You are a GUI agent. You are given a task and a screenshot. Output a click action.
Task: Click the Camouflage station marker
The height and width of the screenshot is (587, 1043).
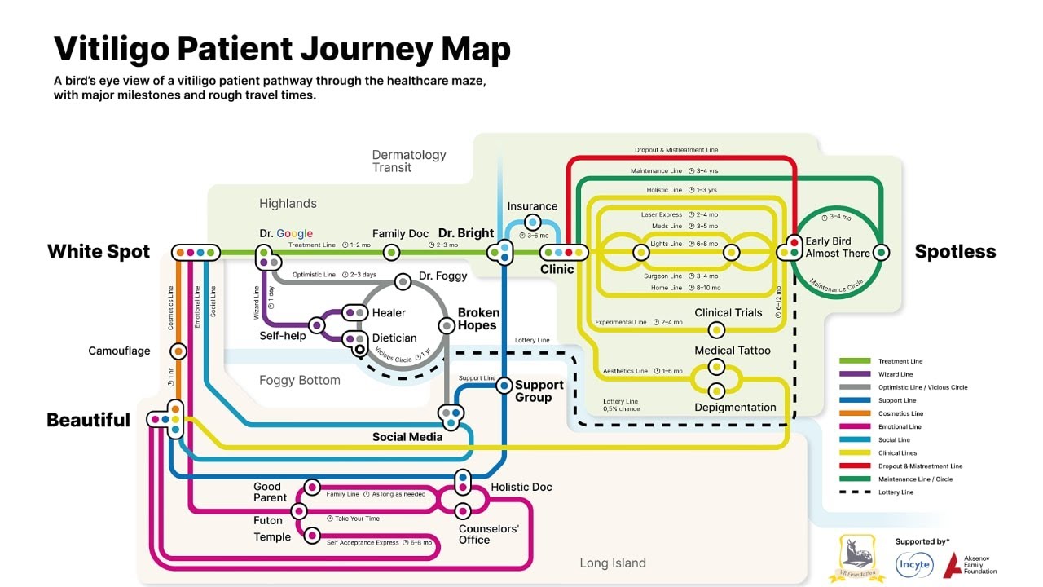tap(178, 351)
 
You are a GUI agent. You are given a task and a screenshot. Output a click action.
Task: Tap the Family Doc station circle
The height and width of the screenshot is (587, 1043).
tap(391, 253)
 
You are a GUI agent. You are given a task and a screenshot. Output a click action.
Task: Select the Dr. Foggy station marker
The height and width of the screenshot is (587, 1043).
tap(402, 281)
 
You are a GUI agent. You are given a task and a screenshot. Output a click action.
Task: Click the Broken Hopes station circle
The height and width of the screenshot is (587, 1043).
tap(447, 325)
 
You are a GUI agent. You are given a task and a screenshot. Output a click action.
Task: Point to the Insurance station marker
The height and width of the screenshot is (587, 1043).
tap(532, 222)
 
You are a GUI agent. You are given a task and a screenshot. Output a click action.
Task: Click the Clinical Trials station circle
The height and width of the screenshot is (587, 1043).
tap(716, 330)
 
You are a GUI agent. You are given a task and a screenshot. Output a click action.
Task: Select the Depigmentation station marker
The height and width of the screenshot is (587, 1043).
tap(716, 391)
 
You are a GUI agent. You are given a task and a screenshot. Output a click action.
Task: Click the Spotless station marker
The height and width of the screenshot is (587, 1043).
tap(880, 252)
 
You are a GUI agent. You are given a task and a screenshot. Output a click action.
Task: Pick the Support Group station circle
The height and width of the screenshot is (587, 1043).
tap(503, 385)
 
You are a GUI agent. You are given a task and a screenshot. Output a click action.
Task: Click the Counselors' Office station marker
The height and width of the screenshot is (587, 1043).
tap(463, 511)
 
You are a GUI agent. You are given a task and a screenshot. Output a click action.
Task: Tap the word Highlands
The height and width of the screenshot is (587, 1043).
tap(288, 204)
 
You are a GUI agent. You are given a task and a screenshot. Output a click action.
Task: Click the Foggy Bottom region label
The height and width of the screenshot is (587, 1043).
tap(299, 380)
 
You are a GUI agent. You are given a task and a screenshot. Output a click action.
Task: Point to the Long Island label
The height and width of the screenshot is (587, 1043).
tap(612, 563)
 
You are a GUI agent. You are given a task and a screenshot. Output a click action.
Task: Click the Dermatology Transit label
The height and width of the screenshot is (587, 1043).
tap(409, 161)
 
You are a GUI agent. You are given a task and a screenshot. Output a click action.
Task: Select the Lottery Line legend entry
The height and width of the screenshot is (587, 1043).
tap(896, 492)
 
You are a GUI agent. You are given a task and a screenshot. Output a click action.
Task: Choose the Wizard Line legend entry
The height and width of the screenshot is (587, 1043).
tap(896, 374)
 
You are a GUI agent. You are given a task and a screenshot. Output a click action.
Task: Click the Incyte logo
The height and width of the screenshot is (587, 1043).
tap(914, 564)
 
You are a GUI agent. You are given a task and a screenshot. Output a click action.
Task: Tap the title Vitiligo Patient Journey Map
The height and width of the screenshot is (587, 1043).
tap(282, 49)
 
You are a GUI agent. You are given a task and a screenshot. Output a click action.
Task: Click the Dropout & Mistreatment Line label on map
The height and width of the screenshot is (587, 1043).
tap(676, 150)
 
